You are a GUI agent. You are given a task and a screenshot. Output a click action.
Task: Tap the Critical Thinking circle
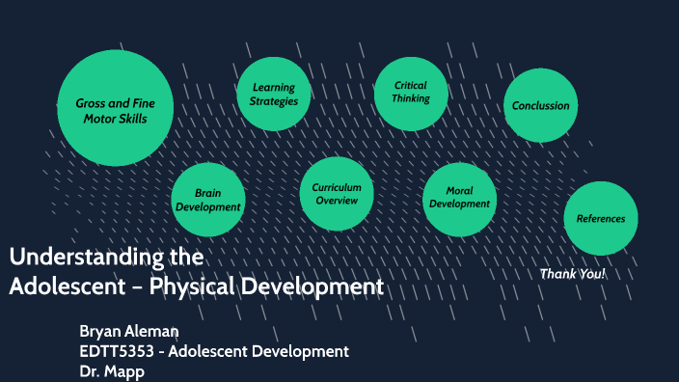click(x=411, y=93)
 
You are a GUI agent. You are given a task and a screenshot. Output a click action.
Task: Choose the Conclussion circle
click(x=540, y=106)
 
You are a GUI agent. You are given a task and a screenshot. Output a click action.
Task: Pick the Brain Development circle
click(x=207, y=200)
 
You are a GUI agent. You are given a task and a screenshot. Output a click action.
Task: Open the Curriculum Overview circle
click(x=337, y=193)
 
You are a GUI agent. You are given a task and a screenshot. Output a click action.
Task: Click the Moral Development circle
click(x=459, y=198)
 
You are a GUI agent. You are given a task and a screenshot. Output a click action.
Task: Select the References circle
click(x=600, y=218)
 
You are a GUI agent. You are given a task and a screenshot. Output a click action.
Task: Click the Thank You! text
click(x=573, y=274)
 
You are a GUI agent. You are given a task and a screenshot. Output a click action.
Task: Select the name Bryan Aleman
click(x=131, y=332)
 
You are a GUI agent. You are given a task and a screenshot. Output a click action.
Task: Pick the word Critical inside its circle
click(x=411, y=86)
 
